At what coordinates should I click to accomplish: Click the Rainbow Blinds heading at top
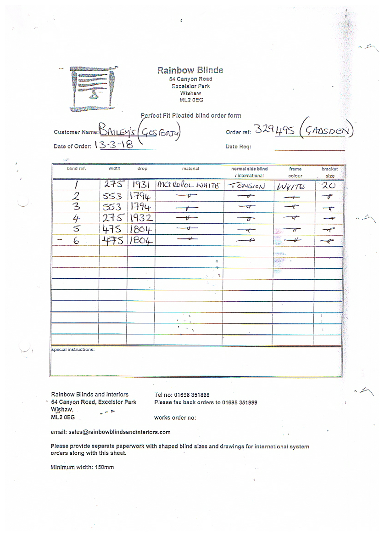pyautogui.click(x=190, y=70)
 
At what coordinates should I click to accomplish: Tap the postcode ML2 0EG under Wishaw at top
pyautogui.click(x=191, y=100)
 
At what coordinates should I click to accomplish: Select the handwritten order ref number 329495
pyautogui.click(x=273, y=131)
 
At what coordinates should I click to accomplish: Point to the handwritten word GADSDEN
pyautogui.click(x=327, y=132)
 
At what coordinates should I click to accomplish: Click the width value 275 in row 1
pyautogui.click(x=113, y=185)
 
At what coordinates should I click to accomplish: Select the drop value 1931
pyautogui.click(x=140, y=185)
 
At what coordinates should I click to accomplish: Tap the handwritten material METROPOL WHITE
pyautogui.click(x=189, y=186)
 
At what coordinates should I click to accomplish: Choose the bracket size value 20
pyautogui.click(x=329, y=185)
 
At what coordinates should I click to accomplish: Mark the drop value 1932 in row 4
pyautogui.click(x=140, y=218)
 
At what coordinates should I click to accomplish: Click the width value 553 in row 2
pyautogui.click(x=113, y=196)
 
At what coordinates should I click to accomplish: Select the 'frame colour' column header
pyautogui.click(x=295, y=172)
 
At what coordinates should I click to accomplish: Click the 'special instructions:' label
pyautogui.click(x=73, y=350)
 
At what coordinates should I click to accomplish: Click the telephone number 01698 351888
pyautogui.click(x=189, y=395)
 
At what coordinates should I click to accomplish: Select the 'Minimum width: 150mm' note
pyautogui.click(x=82, y=467)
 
